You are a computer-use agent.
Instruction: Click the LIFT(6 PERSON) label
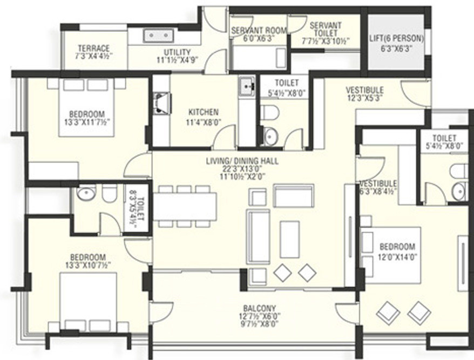396,39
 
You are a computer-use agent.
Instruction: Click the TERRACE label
93,48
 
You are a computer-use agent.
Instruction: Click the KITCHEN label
203,112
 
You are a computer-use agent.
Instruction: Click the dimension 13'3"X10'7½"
87,266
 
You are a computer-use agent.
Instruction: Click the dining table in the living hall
185,206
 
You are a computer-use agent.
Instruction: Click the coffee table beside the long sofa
289,239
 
